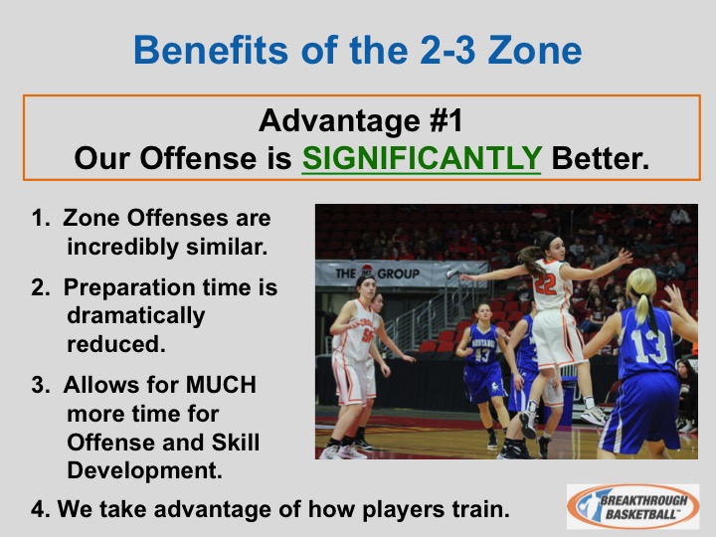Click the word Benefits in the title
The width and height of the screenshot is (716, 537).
[x=211, y=50]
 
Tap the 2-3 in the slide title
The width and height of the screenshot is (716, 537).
[x=447, y=50]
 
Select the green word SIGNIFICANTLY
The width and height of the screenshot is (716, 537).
[x=422, y=158]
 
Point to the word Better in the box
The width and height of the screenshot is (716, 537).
[x=600, y=158]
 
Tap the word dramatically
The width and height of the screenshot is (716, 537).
[x=136, y=316]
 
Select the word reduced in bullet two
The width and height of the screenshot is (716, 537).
[x=116, y=344]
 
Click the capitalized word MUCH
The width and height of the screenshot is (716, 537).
[x=221, y=385]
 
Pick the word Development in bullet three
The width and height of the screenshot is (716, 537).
[x=144, y=470]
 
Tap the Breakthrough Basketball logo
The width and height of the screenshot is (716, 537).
[x=632, y=506]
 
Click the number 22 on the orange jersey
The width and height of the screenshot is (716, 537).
[x=545, y=284]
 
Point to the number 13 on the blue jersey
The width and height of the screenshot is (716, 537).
[x=650, y=346]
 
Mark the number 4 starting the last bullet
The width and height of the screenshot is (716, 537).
[x=38, y=509]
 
